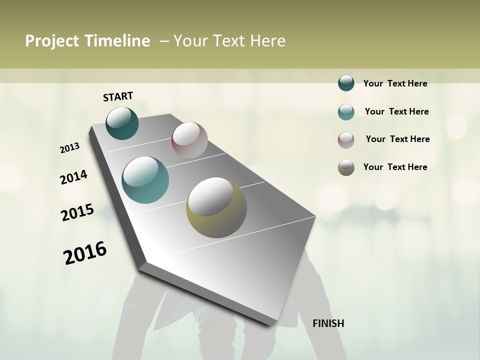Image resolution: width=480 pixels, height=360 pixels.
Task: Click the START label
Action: (118, 96)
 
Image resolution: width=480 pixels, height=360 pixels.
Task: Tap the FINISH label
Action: (328, 323)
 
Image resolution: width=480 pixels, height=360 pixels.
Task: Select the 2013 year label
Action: (70, 148)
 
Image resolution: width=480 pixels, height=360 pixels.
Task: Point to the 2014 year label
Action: (74, 177)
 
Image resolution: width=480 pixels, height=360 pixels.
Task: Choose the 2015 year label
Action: (77, 212)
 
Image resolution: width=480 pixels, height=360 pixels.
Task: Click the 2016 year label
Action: (85, 253)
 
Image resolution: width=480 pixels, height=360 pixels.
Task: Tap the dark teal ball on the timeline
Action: (122, 123)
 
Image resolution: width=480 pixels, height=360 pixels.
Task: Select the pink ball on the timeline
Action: (189, 139)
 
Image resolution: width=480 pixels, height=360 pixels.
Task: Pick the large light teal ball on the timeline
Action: (145, 180)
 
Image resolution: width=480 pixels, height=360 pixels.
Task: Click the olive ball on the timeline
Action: (216, 207)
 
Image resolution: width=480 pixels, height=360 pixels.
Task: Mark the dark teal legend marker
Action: (346, 83)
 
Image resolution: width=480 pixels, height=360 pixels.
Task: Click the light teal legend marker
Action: (346, 112)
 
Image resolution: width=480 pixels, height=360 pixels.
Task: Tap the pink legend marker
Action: (346, 140)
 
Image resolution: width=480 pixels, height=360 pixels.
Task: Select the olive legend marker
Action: (346, 167)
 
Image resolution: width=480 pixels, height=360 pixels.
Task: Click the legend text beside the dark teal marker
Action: (395, 83)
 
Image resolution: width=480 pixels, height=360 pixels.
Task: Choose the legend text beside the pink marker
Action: (397, 139)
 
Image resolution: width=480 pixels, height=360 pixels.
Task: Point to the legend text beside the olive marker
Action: (395, 167)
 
